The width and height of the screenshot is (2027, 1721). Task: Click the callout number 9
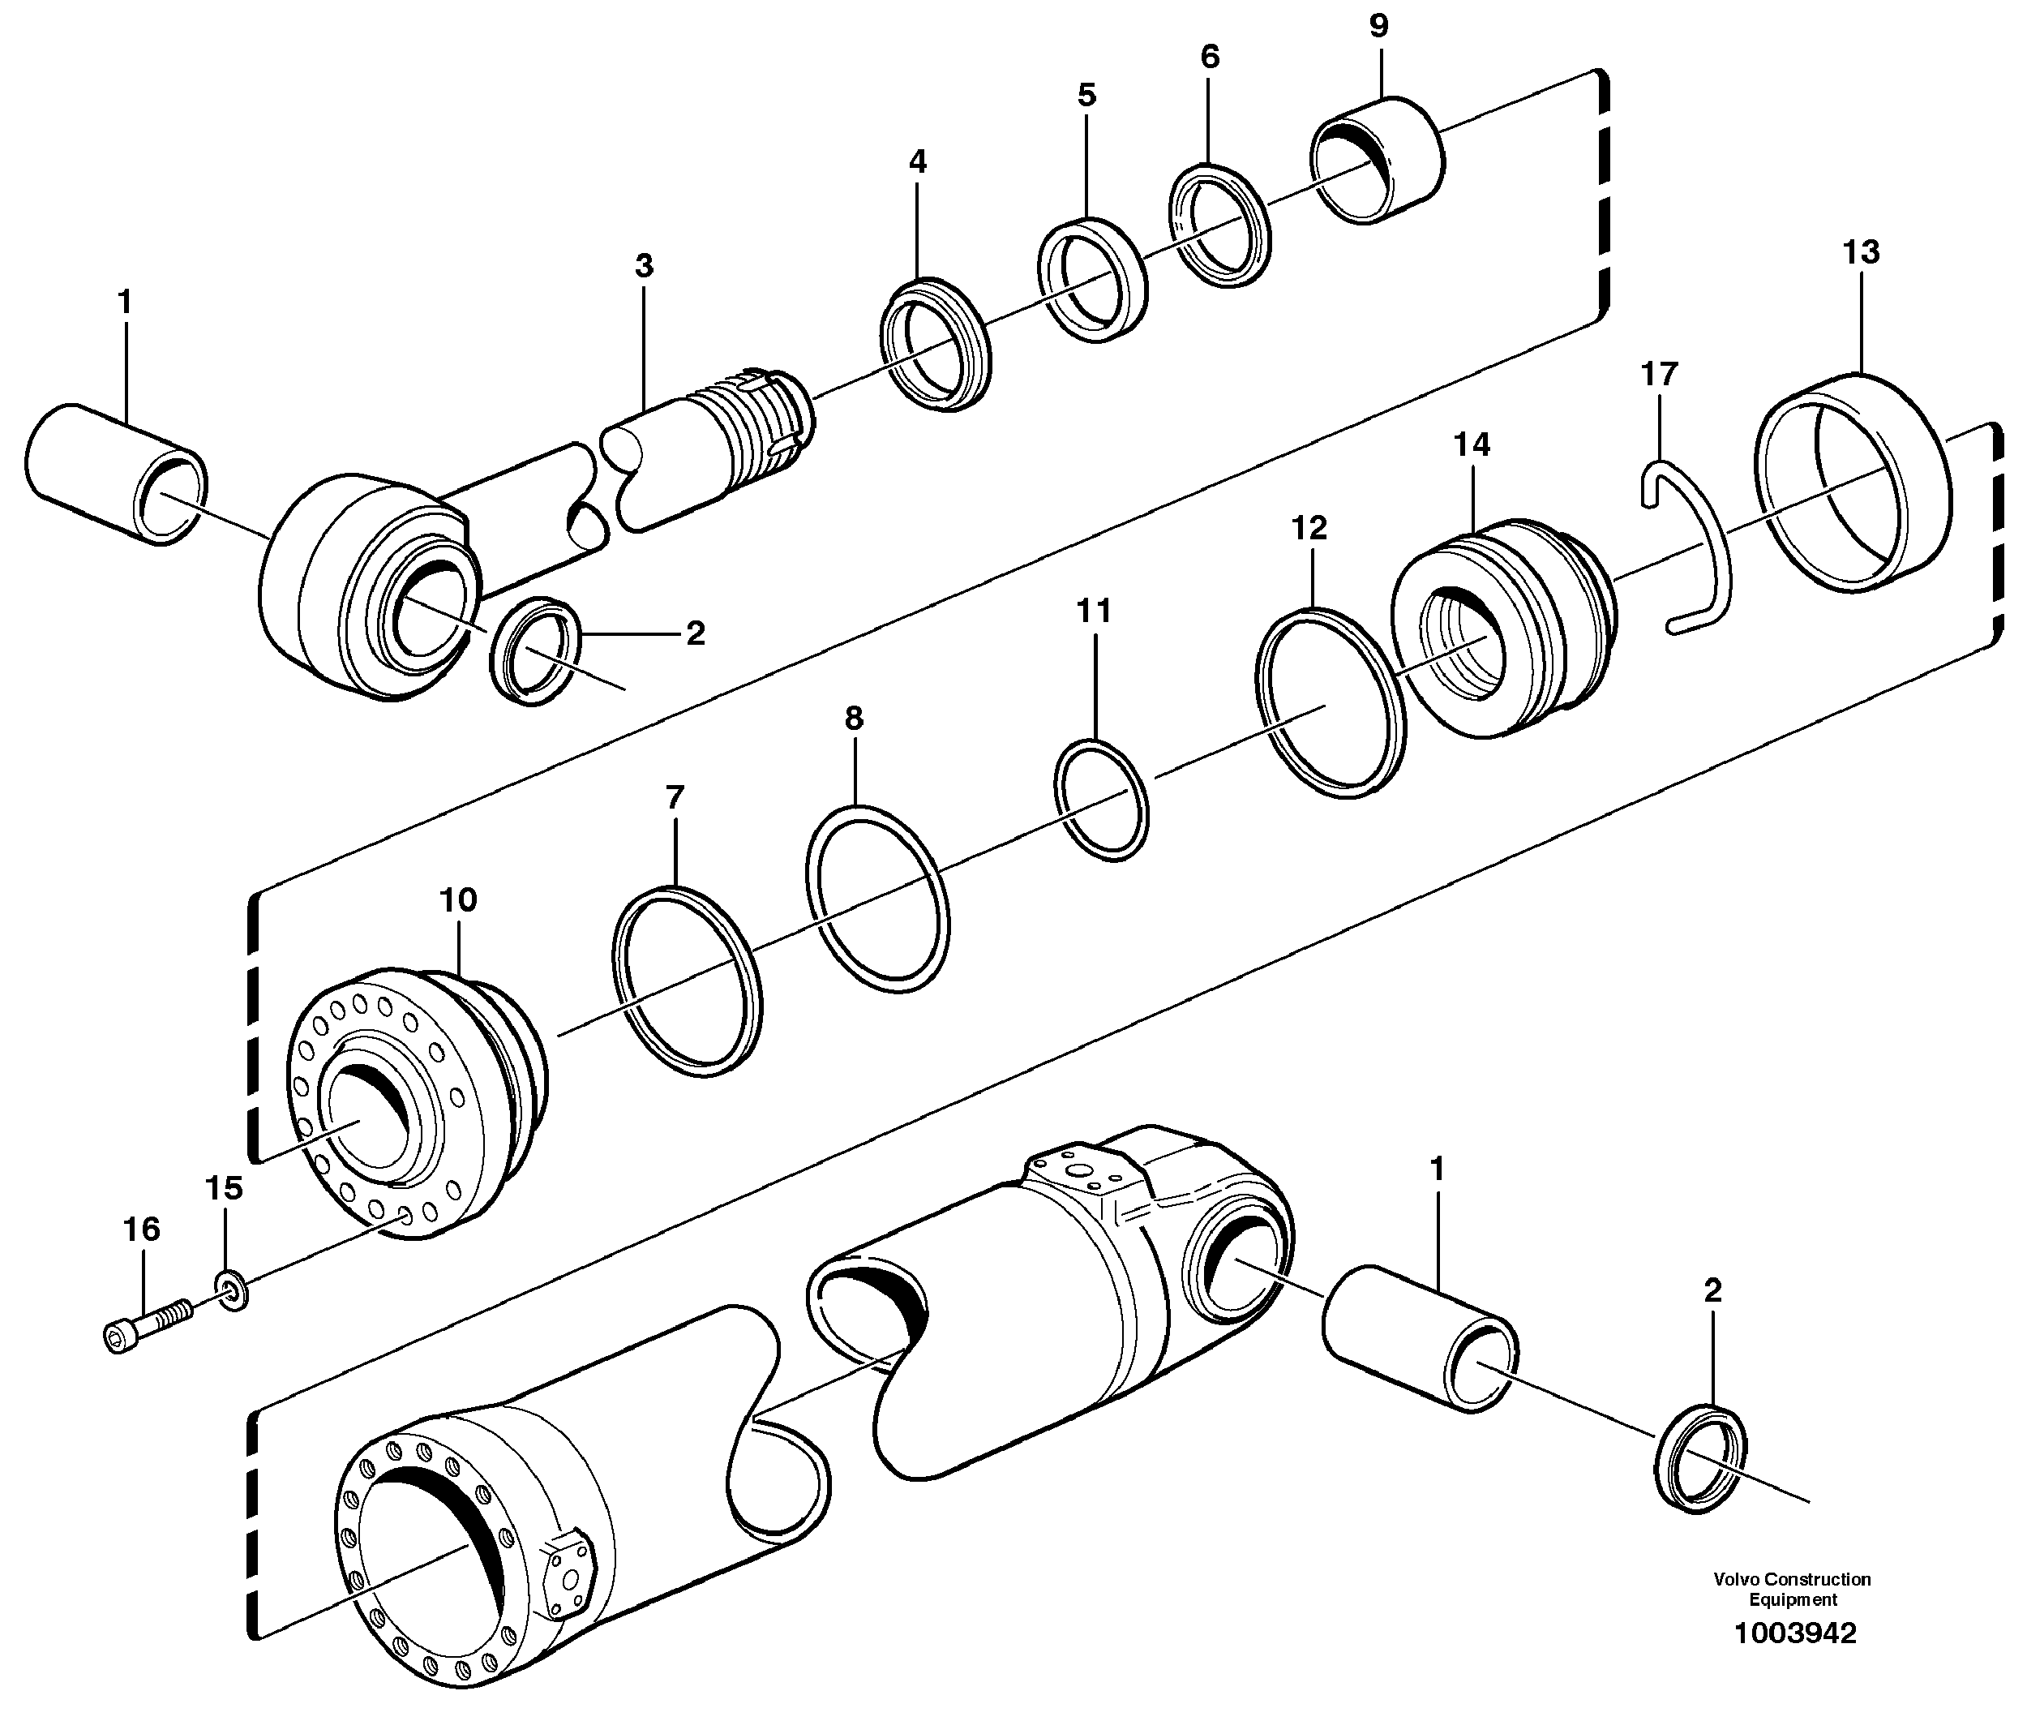[1378, 26]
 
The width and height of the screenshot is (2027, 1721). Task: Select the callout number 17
[1659, 374]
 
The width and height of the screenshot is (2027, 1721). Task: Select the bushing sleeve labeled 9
[1377, 161]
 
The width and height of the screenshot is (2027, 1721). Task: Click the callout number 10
[457, 899]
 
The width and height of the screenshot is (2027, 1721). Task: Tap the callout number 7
[674, 798]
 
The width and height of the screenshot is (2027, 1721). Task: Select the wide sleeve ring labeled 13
[1853, 483]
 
